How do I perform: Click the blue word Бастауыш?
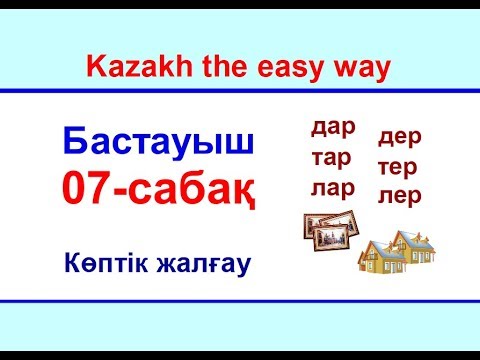coord(159,143)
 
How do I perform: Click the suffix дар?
coord(334,127)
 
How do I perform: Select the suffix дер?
coord(400,135)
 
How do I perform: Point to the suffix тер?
coord(400,165)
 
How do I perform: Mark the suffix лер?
coord(400,195)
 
